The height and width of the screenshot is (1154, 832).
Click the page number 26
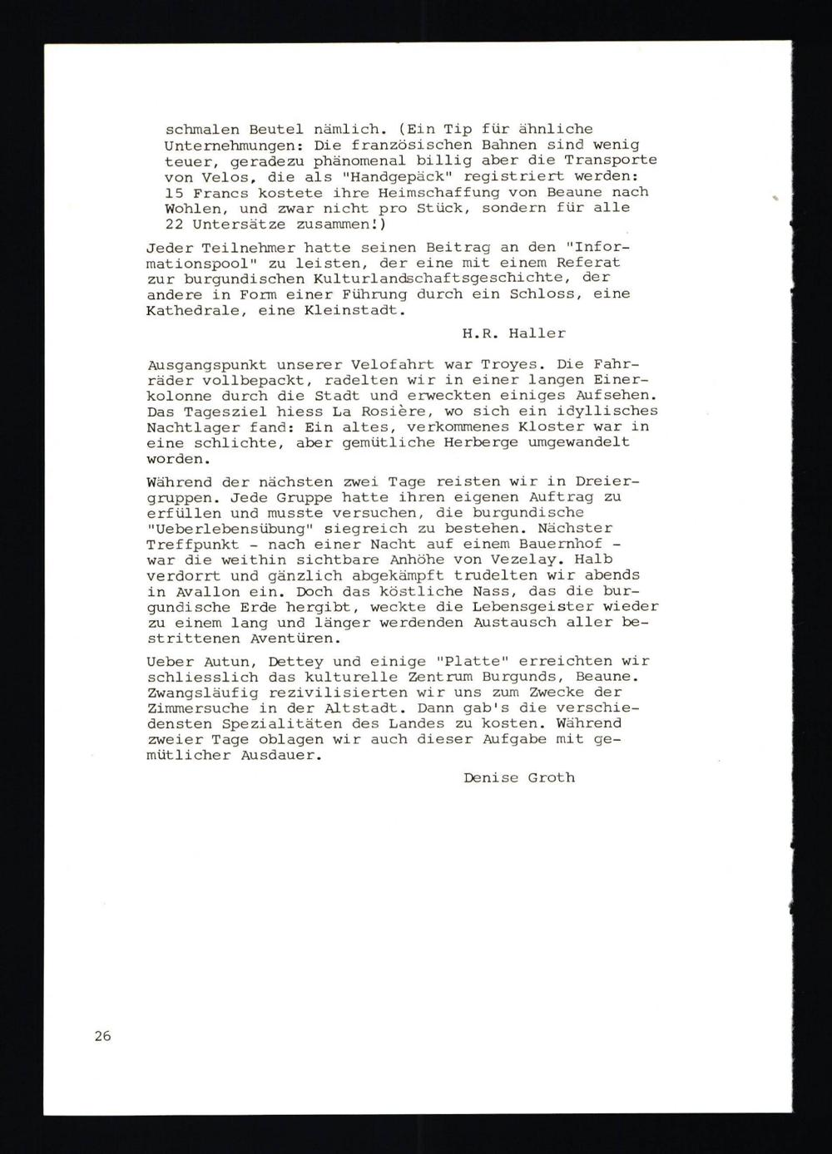[102, 1036]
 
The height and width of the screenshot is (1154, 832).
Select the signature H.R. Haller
[514, 333]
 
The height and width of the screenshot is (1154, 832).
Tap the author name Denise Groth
[519, 777]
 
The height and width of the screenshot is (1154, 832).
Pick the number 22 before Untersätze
[174, 224]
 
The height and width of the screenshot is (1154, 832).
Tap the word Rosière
[394, 412]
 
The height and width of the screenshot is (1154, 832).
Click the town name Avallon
[196, 591]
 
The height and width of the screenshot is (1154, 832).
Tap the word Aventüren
[283, 639]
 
